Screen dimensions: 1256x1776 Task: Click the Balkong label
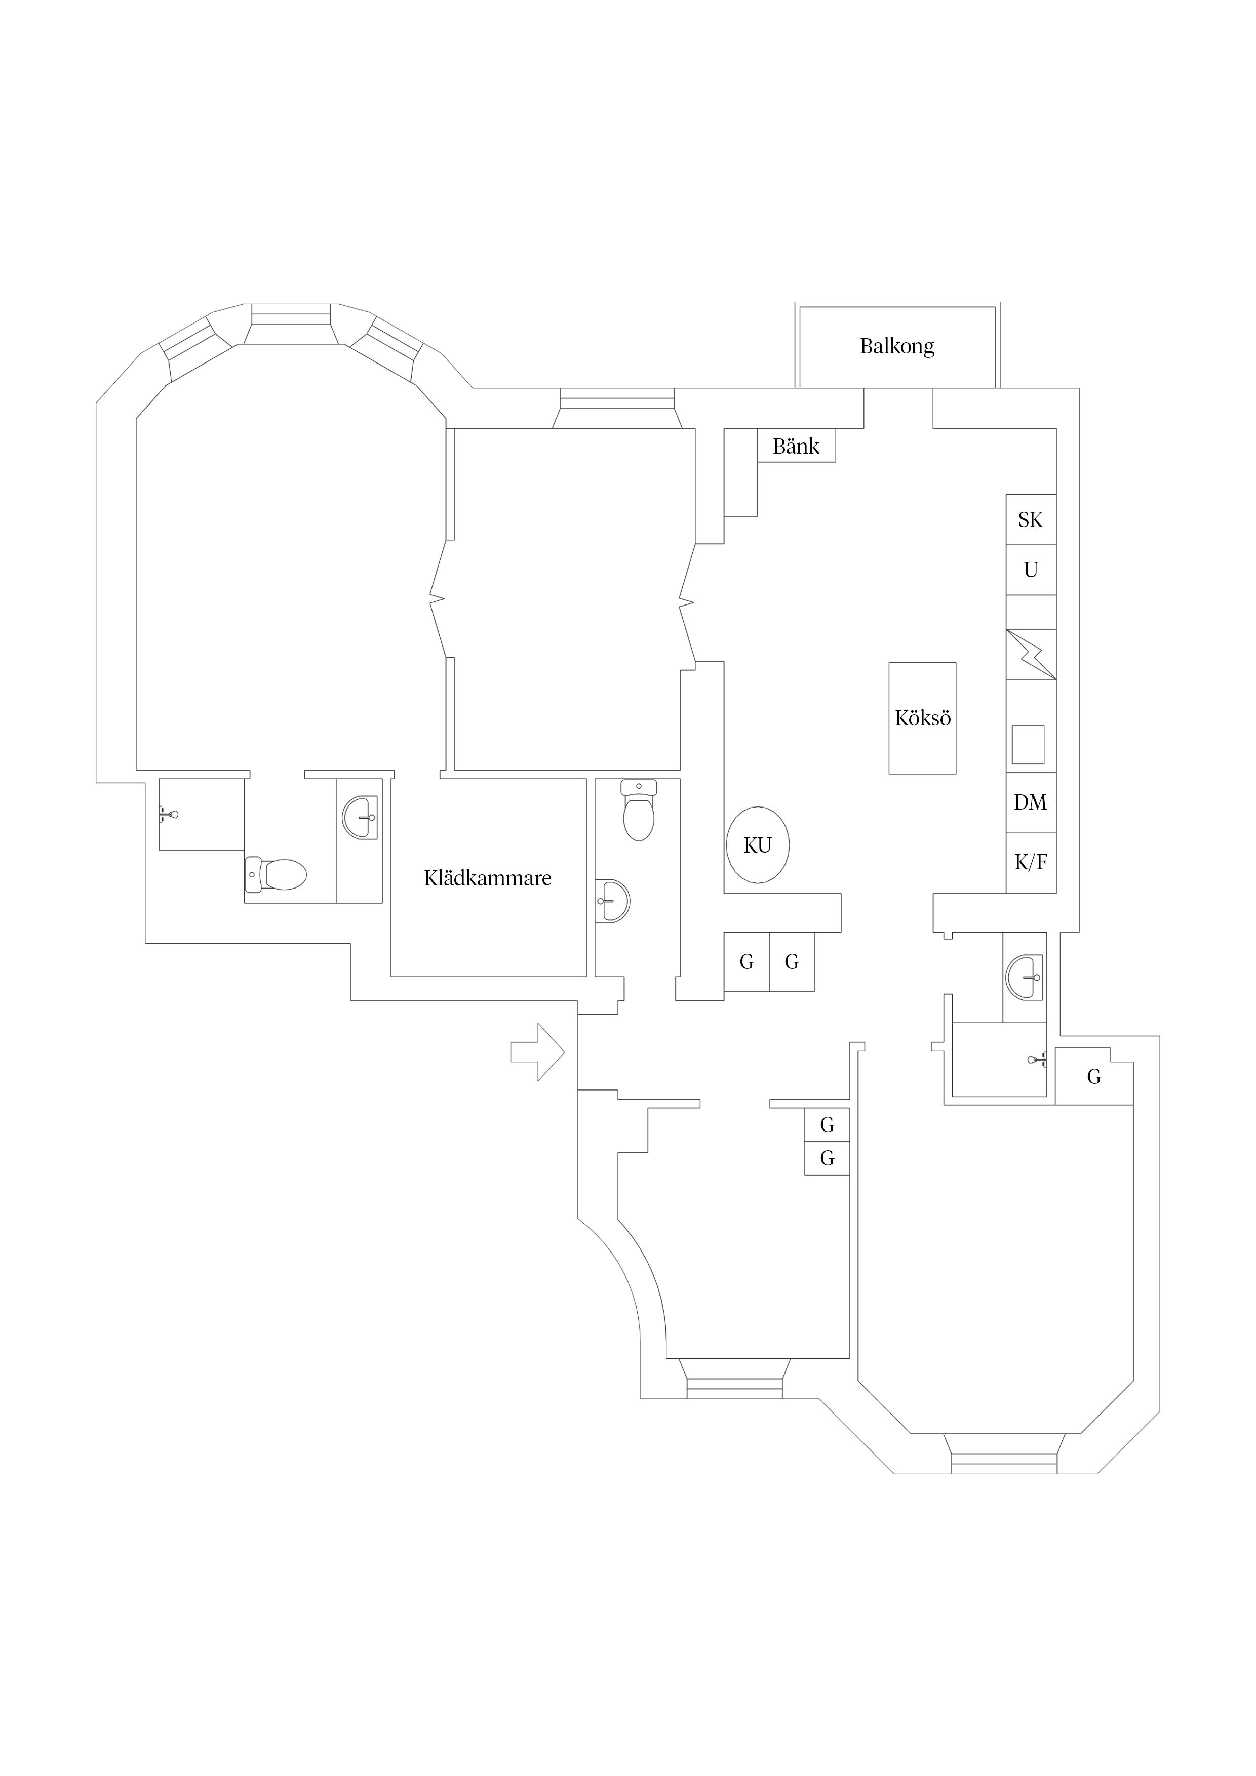coord(897,346)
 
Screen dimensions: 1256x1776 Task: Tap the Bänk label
coord(796,447)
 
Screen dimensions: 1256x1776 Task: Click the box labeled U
coord(1031,570)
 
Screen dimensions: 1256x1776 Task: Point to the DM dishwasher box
coord(1031,802)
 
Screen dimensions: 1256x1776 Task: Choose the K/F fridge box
coord(1031,863)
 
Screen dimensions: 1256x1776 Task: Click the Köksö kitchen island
coord(922,718)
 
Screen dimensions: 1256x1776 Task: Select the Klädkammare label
coord(488,878)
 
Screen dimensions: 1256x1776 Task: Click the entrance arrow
coord(537,1052)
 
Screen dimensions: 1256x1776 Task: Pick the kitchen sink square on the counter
coord(1028,744)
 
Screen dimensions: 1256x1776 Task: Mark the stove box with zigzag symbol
coord(1031,655)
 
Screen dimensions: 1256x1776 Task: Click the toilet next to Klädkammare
coord(639,810)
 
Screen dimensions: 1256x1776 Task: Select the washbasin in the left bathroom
coord(360,817)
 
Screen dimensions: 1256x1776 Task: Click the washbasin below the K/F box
coord(1024,977)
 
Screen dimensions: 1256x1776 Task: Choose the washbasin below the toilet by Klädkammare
coord(613,900)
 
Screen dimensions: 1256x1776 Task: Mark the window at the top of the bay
coord(291,313)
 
